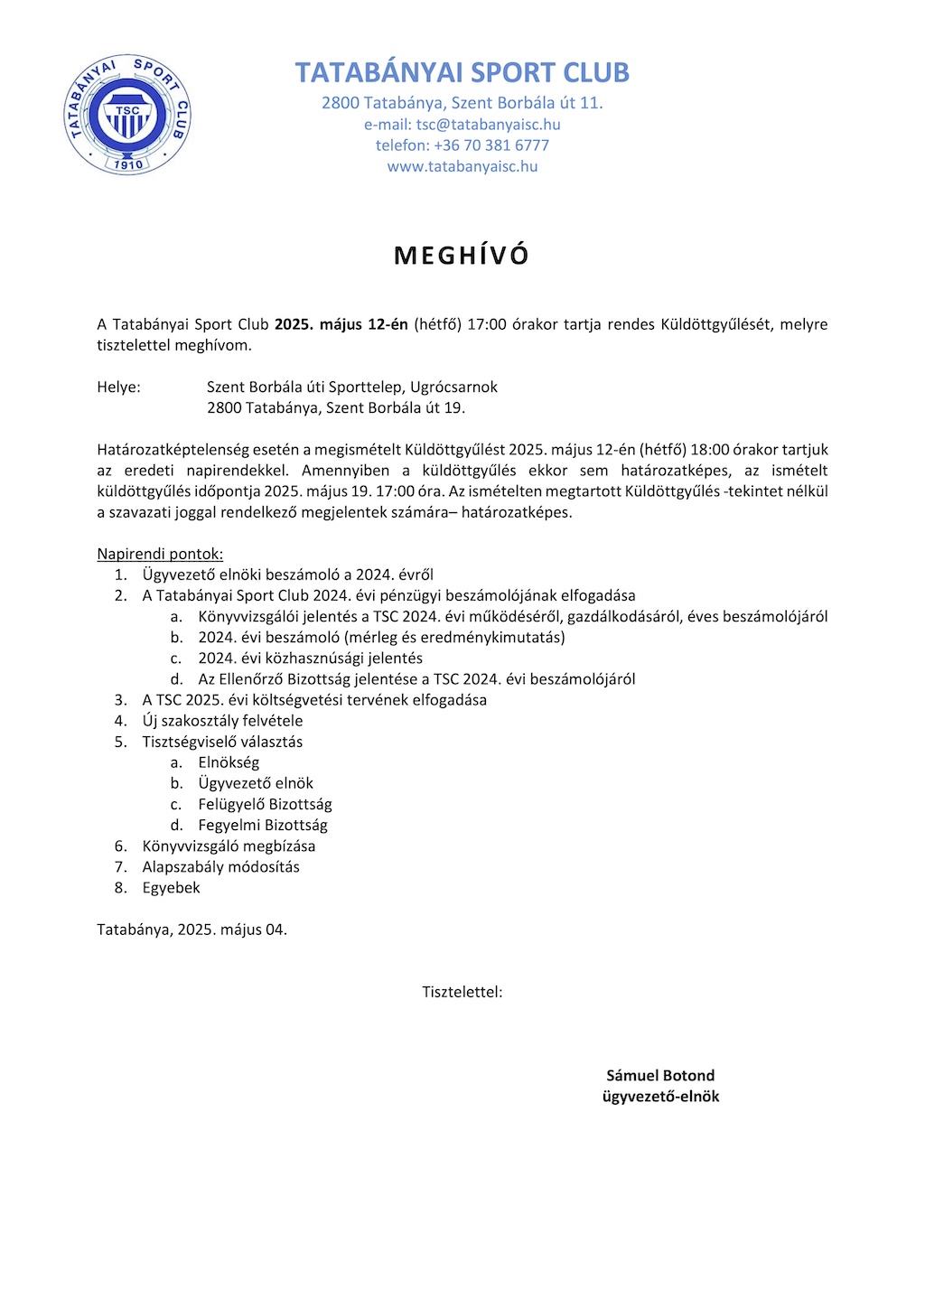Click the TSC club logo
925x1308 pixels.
tap(127, 114)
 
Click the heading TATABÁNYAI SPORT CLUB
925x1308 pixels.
tap(462, 72)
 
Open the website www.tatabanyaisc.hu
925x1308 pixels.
tap(462, 166)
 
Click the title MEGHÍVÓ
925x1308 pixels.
tap(462, 256)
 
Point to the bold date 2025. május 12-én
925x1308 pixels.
tap(341, 324)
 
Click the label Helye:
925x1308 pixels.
tap(118, 387)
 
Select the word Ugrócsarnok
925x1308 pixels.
tap(453, 387)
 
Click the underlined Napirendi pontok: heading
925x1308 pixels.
tap(160, 554)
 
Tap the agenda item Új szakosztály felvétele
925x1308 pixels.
tap(222, 721)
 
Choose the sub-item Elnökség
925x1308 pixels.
tap(229, 762)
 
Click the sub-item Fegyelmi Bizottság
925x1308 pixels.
tap(263, 825)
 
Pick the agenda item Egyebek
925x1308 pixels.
tap(171, 887)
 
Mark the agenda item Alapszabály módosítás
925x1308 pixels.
tap(220, 866)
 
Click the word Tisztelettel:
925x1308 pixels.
tap(462, 992)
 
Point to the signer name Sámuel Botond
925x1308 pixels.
tap(660, 1076)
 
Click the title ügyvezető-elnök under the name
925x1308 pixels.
tap(660, 1097)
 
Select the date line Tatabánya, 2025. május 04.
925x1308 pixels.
tap(192, 930)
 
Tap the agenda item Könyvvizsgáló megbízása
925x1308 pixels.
tap(229, 846)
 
